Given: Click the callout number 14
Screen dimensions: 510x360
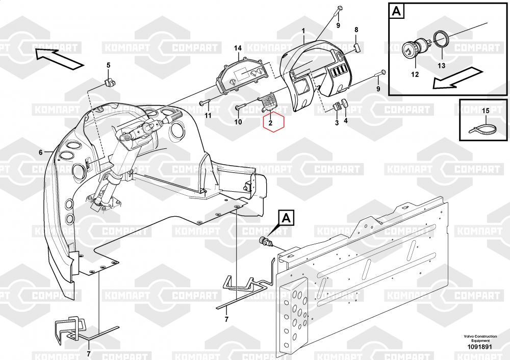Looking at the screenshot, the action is tap(238, 48).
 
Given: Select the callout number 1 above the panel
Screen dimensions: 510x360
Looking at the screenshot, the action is tap(303, 31).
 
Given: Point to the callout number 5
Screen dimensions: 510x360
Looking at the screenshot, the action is tap(109, 65).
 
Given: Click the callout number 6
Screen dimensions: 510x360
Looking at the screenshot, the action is tap(41, 152).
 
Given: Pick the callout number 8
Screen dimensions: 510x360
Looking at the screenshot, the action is tap(356, 30).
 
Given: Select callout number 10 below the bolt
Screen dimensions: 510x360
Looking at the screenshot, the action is tap(238, 122).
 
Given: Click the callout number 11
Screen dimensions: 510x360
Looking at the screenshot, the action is tap(208, 115).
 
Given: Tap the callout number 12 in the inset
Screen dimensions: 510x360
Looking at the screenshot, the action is tap(415, 74).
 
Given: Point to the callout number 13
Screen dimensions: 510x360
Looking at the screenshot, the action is tap(441, 66).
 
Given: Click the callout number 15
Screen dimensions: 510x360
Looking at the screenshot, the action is tap(486, 111).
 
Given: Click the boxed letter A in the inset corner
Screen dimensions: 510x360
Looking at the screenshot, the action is tap(396, 11).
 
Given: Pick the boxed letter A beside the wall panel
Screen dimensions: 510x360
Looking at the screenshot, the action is tap(286, 218).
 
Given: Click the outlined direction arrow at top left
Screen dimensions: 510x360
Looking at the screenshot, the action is tap(59, 59).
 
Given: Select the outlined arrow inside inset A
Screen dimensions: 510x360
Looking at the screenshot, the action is tap(457, 79).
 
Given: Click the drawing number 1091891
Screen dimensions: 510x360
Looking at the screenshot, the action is tap(480, 347).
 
